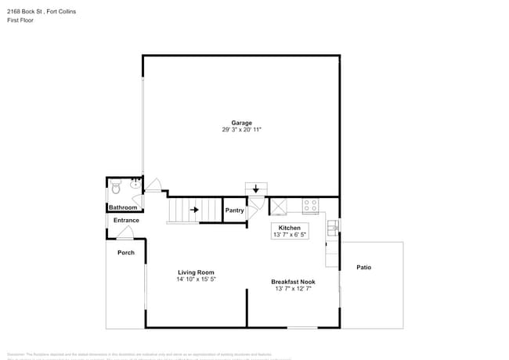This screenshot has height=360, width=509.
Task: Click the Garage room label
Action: coord(241,123)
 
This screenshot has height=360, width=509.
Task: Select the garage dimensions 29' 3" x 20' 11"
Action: coord(241,130)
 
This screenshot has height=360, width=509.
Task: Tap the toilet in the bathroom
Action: coord(116,188)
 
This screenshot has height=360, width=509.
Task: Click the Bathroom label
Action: coord(123,207)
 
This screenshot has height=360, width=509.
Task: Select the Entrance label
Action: coord(126,220)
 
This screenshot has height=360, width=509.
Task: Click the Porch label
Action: coord(125,253)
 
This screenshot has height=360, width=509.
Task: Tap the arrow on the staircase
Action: coord(193,209)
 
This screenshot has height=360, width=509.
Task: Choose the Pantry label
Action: coord(234,211)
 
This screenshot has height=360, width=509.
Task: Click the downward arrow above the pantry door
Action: coord(255,189)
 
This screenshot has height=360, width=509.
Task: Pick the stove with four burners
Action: coord(311,207)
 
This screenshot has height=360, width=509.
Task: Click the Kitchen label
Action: coord(290,227)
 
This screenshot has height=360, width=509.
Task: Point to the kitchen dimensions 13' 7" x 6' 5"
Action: coord(290,235)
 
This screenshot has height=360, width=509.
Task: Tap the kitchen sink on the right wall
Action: coord(332,227)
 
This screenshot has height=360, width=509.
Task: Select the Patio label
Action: coord(363,268)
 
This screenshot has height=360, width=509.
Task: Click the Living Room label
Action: coord(195,272)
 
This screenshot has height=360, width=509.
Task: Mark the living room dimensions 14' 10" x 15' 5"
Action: coord(195,279)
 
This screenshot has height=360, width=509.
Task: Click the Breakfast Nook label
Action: coord(293,282)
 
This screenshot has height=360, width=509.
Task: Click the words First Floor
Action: coord(20,20)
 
